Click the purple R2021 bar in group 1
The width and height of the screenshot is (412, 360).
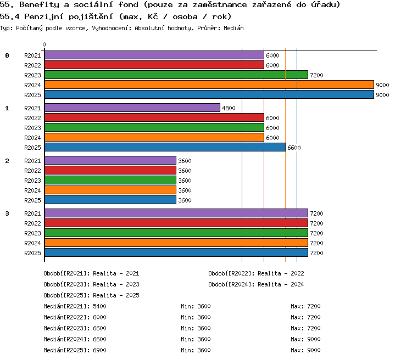click(x=132, y=108)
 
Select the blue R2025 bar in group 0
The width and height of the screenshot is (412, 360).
click(x=209, y=94)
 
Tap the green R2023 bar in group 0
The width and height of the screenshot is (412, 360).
click(x=176, y=75)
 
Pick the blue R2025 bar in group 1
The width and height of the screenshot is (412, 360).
click(x=165, y=147)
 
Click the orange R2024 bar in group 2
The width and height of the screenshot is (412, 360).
click(x=110, y=190)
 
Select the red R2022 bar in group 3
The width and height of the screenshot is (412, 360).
click(x=176, y=223)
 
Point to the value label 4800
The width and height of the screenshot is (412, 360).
click(x=229, y=108)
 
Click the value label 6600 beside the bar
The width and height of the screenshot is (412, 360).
click(x=294, y=148)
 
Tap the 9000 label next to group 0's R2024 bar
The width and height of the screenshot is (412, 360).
click(x=382, y=85)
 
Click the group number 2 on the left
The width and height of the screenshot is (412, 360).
click(x=7, y=161)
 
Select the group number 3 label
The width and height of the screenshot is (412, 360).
click(x=7, y=213)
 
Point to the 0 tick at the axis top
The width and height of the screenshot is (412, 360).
click(x=44, y=44)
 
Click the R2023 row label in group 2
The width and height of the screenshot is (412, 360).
click(x=32, y=181)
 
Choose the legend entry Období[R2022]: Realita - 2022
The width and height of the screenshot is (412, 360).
click(x=256, y=274)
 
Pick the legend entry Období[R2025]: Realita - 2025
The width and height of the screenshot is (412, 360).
click(x=91, y=296)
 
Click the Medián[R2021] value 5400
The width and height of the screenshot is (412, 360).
click(x=99, y=306)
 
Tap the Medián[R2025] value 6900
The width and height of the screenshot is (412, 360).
click(x=99, y=350)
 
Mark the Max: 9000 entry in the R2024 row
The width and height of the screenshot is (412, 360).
click(x=305, y=339)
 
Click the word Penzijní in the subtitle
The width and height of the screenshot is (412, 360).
click(x=44, y=17)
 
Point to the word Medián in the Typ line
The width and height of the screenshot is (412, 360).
click(x=233, y=28)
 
